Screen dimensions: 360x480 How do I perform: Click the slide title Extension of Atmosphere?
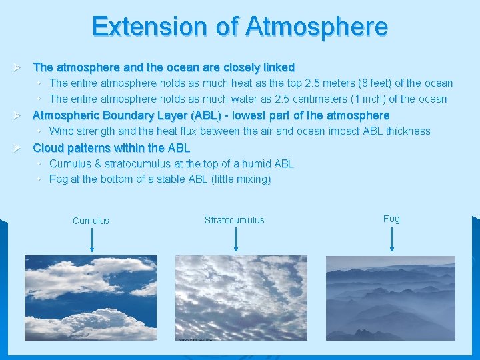[240, 27]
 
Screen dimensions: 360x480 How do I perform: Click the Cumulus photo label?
[91, 221]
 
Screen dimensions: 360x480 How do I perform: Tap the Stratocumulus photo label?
[234, 220]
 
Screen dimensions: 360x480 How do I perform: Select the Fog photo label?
[391, 219]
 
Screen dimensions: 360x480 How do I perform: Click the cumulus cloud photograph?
[91, 298]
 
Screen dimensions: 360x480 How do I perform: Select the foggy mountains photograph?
[390, 298]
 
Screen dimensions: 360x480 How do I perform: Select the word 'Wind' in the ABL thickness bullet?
[62, 131]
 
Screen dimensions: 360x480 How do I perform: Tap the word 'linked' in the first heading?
[278, 67]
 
